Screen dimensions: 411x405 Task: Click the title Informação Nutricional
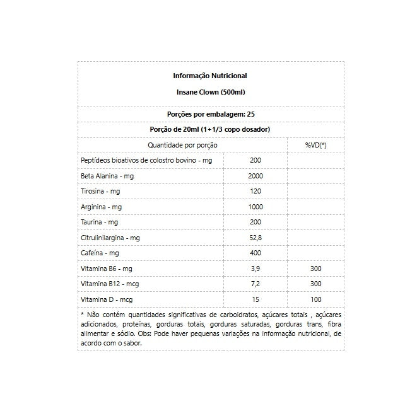point(210,76)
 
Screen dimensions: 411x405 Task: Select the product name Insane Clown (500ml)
point(210,92)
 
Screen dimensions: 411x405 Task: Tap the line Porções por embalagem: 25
point(210,115)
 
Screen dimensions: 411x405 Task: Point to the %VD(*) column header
point(315,145)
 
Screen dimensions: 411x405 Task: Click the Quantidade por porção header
point(182,145)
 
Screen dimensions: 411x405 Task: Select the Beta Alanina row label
point(107,176)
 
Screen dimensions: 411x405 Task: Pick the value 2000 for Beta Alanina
point(255,176)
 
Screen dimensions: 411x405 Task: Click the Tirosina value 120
point(255,191)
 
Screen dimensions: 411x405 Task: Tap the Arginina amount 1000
point(255,207)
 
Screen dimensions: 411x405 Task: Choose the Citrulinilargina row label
point(110,238)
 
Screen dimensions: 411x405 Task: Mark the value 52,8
point(255,238)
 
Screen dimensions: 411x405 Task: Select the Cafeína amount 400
point(255,253)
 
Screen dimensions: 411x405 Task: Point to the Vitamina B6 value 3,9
point(255,269)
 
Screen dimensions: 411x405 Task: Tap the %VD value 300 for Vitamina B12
point(315,284)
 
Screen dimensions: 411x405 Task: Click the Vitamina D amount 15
point(255,300)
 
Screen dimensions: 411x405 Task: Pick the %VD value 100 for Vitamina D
point(315,300)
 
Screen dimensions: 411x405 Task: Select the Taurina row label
point(100,223)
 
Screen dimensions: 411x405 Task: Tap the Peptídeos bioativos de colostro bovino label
point(146,161)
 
